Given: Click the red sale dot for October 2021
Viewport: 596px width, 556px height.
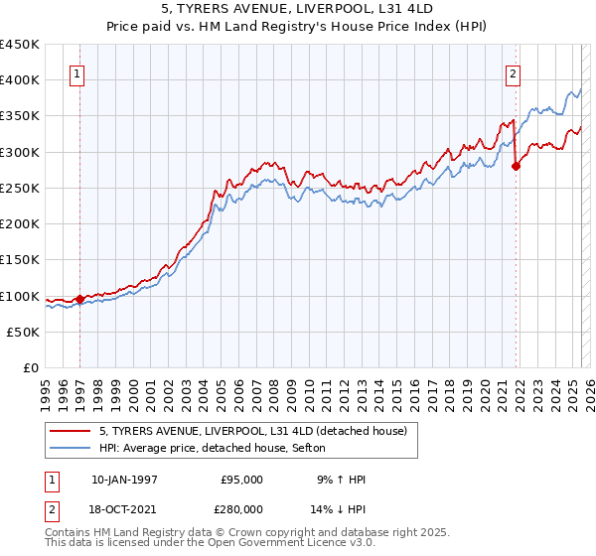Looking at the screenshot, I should coord(516,166).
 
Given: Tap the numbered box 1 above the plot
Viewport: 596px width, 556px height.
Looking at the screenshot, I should coord(77,72).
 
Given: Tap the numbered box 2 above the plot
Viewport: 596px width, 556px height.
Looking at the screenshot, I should coord(513,72).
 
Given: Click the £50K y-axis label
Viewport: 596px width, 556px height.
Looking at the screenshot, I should coord(23,333).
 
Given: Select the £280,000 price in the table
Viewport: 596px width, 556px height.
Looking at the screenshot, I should coord(241,507).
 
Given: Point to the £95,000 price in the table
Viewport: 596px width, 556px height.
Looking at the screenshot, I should coord(241,480).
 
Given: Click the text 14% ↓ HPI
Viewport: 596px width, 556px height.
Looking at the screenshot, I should coord(339,507).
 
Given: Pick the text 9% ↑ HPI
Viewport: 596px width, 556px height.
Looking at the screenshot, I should coord(339,480).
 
